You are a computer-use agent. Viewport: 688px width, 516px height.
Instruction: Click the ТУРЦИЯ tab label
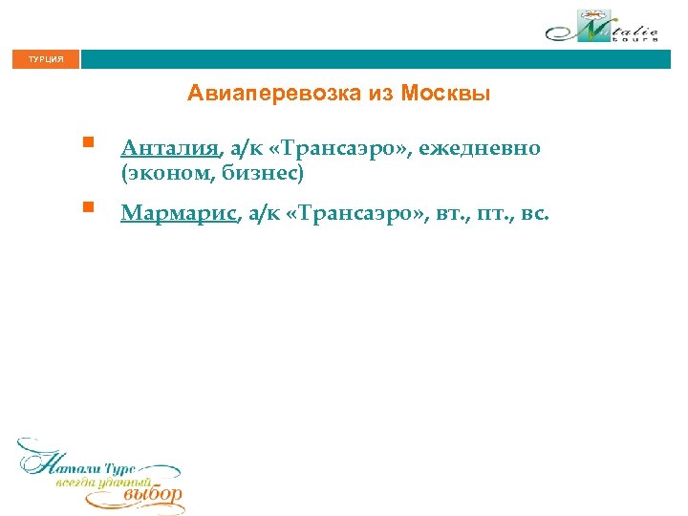coord(45,59)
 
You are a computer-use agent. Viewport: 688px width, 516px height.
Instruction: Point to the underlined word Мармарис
coord(179,213)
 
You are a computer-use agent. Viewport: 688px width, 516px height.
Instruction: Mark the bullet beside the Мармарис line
coord(86,206)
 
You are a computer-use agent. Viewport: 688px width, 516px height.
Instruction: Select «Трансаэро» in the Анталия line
coord(335,149)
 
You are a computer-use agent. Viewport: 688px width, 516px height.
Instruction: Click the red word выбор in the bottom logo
coord(152,495)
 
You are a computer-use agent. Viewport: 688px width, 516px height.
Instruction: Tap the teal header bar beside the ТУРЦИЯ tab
coord(382,59)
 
